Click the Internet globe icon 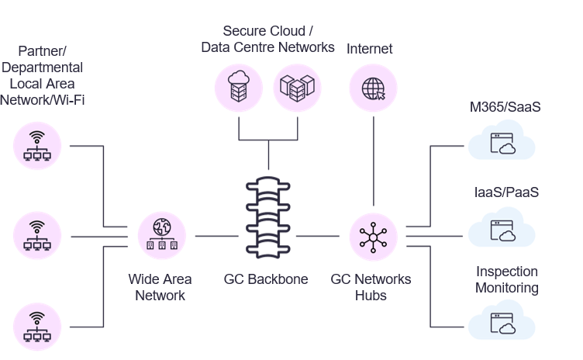pos(373,88)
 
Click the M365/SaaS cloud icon pos(502,144)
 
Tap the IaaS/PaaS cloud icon pos(502,230)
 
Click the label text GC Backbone pos(266,279)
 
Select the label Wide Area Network pos(160,287)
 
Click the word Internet pos(369,49)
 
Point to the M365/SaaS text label pos(505,107)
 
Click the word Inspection pos(506,272)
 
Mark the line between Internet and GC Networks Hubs pos(374,163)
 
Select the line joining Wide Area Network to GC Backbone pos(216,235)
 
